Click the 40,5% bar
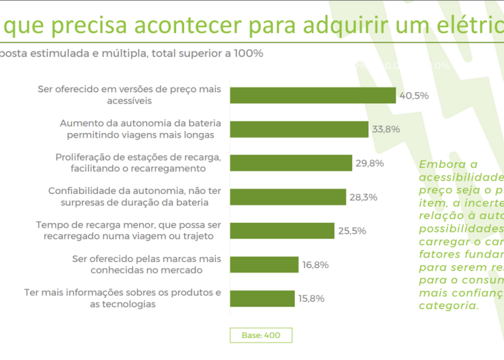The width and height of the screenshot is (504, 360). tap(312, 95)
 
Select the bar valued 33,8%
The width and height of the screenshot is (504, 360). tap(299, 130)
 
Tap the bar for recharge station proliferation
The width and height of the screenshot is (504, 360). tap(291, 163)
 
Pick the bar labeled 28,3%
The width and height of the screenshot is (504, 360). tap(288, 197)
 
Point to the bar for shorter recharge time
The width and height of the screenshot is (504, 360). tap(282, 231)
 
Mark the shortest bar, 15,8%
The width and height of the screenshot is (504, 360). tap(262, 298)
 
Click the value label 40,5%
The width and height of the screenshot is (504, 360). tap(414, 95)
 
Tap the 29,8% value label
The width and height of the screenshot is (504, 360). tap(370, 163)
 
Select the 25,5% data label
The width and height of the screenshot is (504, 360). tap(352, 231)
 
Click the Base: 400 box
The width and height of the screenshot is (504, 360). tap(261, 335)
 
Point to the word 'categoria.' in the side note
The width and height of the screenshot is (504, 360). tap(449, 305)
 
